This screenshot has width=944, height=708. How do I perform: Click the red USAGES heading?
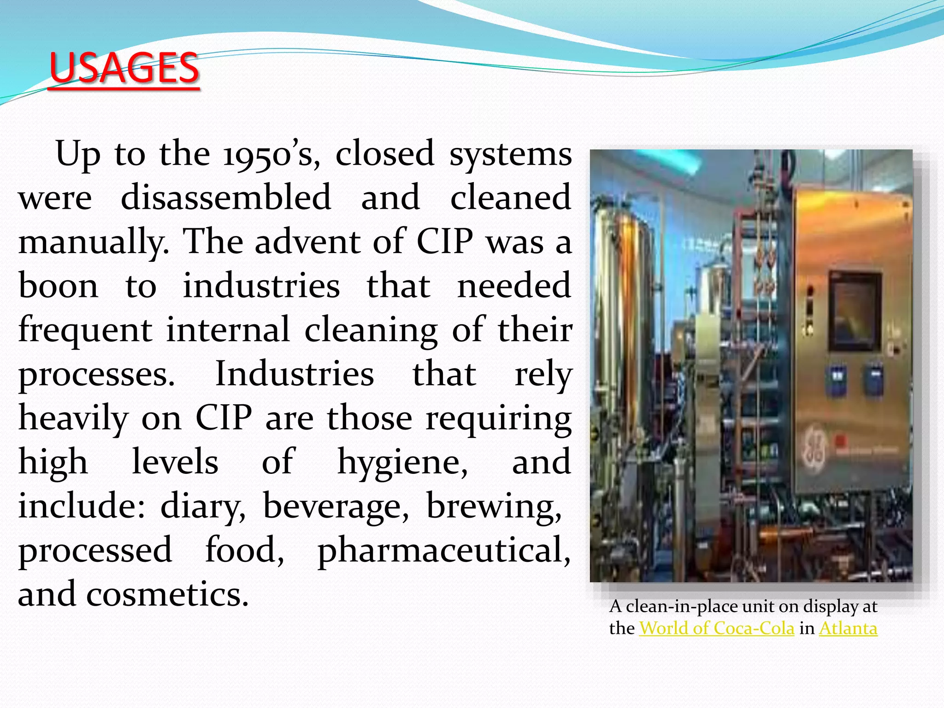(124, 68)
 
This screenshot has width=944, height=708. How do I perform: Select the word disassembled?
(226, 197)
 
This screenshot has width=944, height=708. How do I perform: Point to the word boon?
(58, 286)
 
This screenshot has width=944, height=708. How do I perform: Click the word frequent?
(85, 330)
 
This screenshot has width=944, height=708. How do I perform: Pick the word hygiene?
(402, 462)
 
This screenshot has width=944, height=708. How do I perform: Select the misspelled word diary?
(203, 506)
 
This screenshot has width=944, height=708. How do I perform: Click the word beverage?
(336, 506)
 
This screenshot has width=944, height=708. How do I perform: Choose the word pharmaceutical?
(444, 550)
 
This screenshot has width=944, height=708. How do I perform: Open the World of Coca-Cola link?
(716, 628)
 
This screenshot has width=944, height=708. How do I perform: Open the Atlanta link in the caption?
(848, 628)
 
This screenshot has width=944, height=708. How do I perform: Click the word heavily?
(73, 419)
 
